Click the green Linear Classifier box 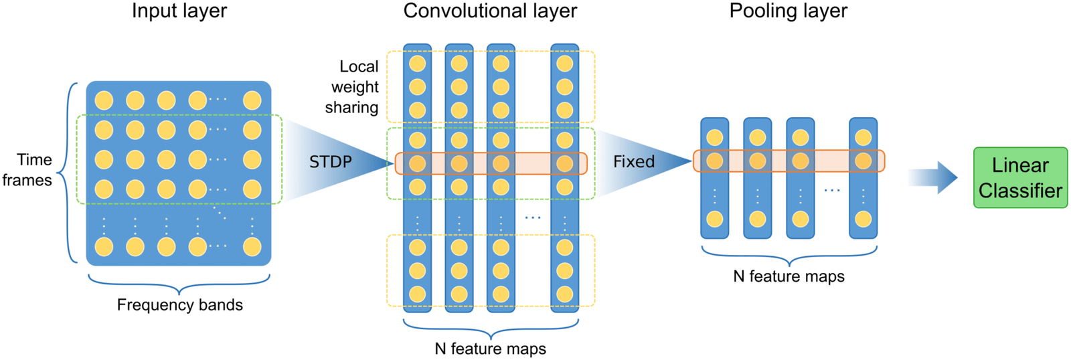[x=1020, y=177]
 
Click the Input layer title [x=179, y=11]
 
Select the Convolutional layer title [x=490, y=11]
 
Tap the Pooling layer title [x=788, y=11]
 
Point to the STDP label [x=331, y=162]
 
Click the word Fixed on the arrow [x=633, y=162]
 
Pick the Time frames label [x=28, y=170]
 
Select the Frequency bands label [x=179, y=305]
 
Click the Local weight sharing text [x=353, y=87]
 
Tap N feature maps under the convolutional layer [x=490, y=349]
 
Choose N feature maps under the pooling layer [x=789, y=276]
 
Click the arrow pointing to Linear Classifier [x=933, y=177]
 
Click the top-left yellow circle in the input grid [x=104, y=100]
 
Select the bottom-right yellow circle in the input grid [x=252, y=247]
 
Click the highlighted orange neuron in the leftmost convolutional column [x=418, y=163]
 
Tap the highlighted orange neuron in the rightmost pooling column [x=863, y=161]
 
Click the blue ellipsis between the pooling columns [x=831, y=191]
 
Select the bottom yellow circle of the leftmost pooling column [x=715, y=219]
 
